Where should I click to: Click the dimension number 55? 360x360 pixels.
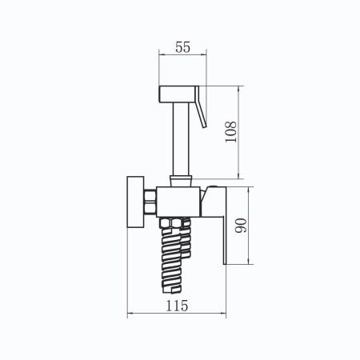[183, 47]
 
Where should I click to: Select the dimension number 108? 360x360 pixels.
[231, 132]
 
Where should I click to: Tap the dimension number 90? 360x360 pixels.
[241, 226]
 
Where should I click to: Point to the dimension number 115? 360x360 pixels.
[177, 306]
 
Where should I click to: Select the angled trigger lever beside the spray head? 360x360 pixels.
[201, 106]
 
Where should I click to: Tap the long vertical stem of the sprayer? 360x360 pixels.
[181, 138]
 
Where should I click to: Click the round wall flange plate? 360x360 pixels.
[135, 202]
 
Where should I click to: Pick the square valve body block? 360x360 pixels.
[178, 202]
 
